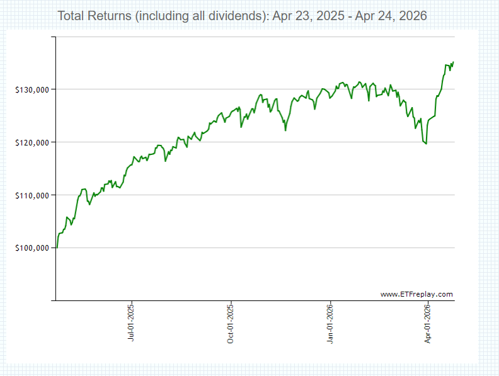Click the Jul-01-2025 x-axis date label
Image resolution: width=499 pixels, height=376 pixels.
click(x=131, y=324)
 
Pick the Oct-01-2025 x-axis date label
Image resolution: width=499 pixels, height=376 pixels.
click(x=231, y=324)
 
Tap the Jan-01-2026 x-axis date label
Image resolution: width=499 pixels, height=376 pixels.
click(x=331, y=324)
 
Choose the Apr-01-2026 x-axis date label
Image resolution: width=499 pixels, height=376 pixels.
click(x=428, y=324)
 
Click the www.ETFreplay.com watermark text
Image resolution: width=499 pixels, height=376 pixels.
click(x=416, y=294)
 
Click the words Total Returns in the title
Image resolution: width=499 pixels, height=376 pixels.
click(x=95, y=16)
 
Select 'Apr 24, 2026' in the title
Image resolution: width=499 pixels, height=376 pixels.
click(x=391, y=16)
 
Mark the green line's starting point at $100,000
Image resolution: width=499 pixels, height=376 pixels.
click(x=57, y=248)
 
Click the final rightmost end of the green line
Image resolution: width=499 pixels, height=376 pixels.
click(x=454, y=62)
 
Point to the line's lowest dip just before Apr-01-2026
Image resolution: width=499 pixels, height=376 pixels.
click(x=427, y=144)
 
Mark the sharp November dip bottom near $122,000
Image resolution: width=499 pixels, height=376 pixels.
click(x=285, y=130)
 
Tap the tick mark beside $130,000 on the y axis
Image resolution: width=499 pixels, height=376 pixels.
click(x=53, y=89)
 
